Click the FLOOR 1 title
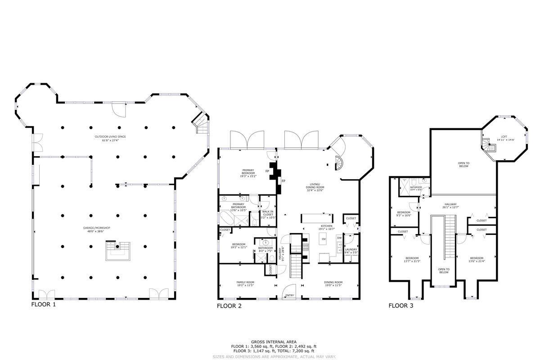[x=44, y=305]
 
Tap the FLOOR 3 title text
[x=401, y=306]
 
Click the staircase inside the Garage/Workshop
[x=118, y=251]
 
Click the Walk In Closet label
[x=268, y=216]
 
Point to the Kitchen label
[x=327, y=227]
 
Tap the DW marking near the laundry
[x=339, y=238]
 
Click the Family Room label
[x=245, y=284]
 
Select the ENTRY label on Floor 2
[x=290, y=296]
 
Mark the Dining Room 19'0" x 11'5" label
[x=333, y=284]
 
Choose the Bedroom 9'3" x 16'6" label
[x=404, y=214]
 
